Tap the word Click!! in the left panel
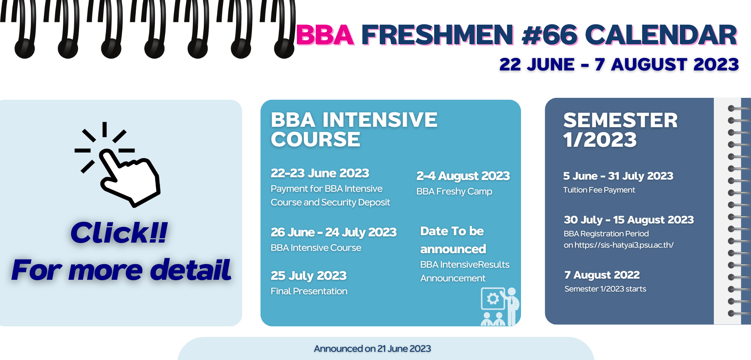119,233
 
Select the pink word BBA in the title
325,35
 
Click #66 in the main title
550,35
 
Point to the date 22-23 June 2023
320,173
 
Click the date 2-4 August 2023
463,176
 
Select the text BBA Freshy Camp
454,191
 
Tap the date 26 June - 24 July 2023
334,232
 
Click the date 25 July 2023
309,275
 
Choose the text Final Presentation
309,291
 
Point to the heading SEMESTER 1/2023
620,130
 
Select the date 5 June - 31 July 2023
618,176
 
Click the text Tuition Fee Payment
599,190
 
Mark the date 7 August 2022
602,275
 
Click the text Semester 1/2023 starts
605,289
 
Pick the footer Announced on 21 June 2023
372,349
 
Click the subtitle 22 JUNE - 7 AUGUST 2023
619,65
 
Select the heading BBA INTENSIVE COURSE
354,130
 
